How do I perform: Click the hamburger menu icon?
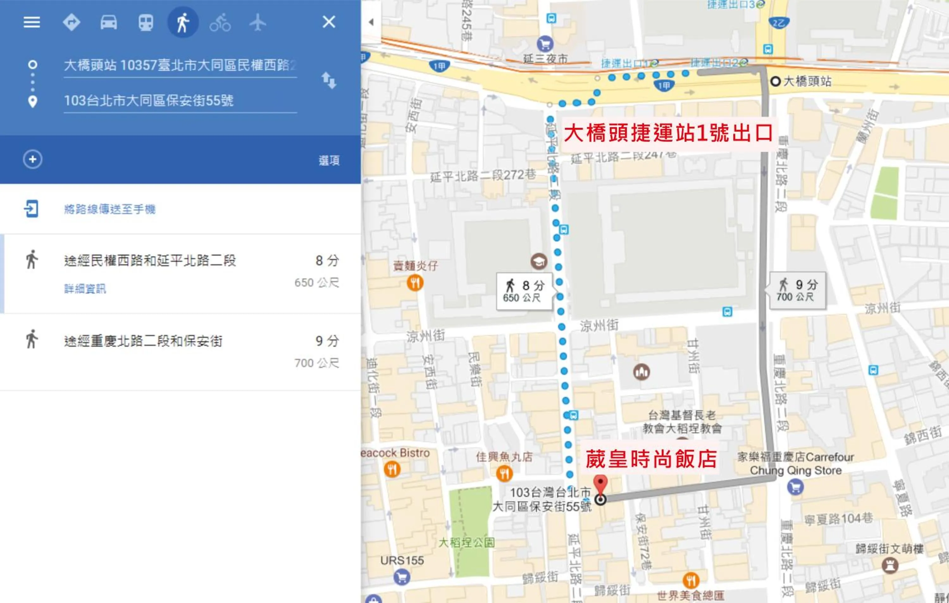32,22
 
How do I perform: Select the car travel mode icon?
109,22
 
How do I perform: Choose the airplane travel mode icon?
258,22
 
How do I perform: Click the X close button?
329,22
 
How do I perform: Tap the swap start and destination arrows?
329,80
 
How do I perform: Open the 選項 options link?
329,160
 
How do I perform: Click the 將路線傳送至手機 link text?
109,209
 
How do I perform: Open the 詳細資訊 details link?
85,289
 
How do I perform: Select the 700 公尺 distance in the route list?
316,363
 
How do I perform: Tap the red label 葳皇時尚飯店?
651,459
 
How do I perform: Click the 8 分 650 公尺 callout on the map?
524,291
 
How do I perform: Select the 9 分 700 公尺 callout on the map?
797,290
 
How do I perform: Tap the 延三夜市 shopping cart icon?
545,44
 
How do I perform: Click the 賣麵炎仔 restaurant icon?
415,283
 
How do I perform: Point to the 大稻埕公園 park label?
466,543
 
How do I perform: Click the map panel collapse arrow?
371,22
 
